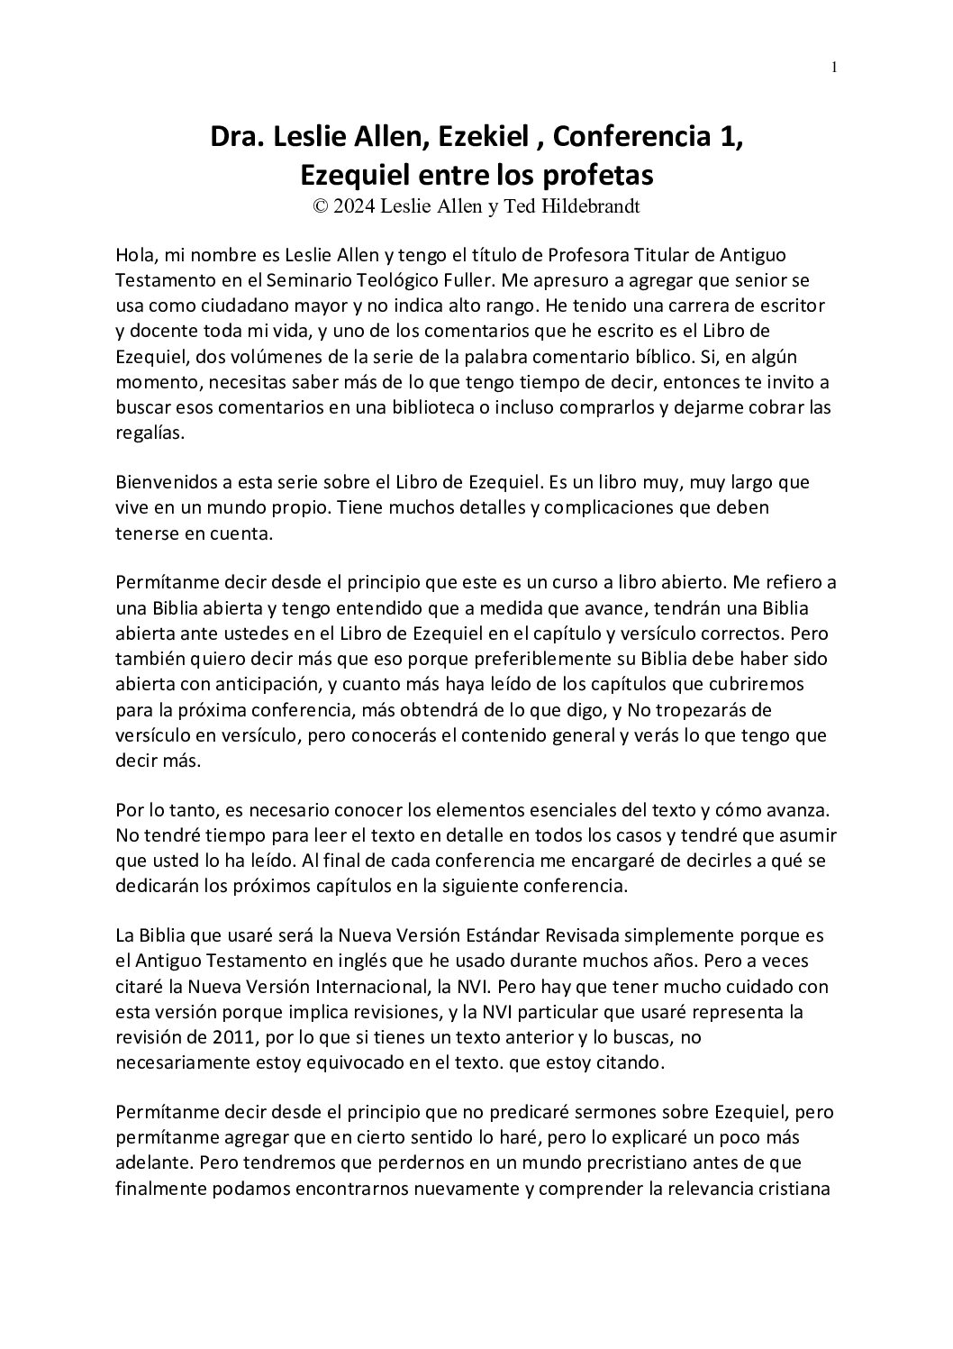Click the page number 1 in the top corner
[835, 67]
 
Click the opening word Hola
[135, 255]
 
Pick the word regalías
[150, 432]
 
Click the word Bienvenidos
[171, 482]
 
